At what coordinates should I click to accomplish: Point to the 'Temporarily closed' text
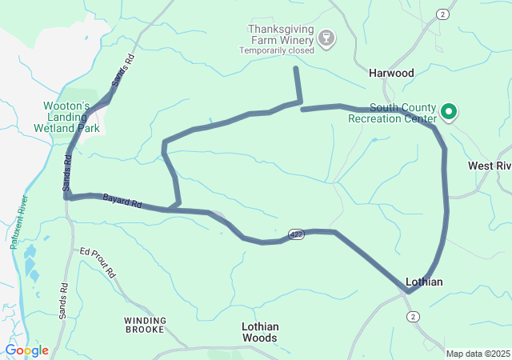click(277, 50)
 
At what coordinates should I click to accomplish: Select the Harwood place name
click(391, 73)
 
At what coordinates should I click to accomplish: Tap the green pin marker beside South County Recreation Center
click(449, 112)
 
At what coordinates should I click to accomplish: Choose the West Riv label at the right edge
click(489, 166)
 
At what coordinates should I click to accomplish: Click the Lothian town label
click(424, 282)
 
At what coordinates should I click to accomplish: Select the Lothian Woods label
click(260, 332)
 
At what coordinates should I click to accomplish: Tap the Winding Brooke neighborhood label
click(146, 325)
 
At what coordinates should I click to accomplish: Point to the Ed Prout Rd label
click(98, 262)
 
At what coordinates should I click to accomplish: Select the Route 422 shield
click(297, 234)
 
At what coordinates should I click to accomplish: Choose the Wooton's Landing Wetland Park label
click(71, 116)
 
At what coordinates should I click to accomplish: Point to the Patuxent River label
click(18, 222)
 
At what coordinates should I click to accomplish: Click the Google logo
click(26, 350)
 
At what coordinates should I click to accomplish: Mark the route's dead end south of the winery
click(296, 69)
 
